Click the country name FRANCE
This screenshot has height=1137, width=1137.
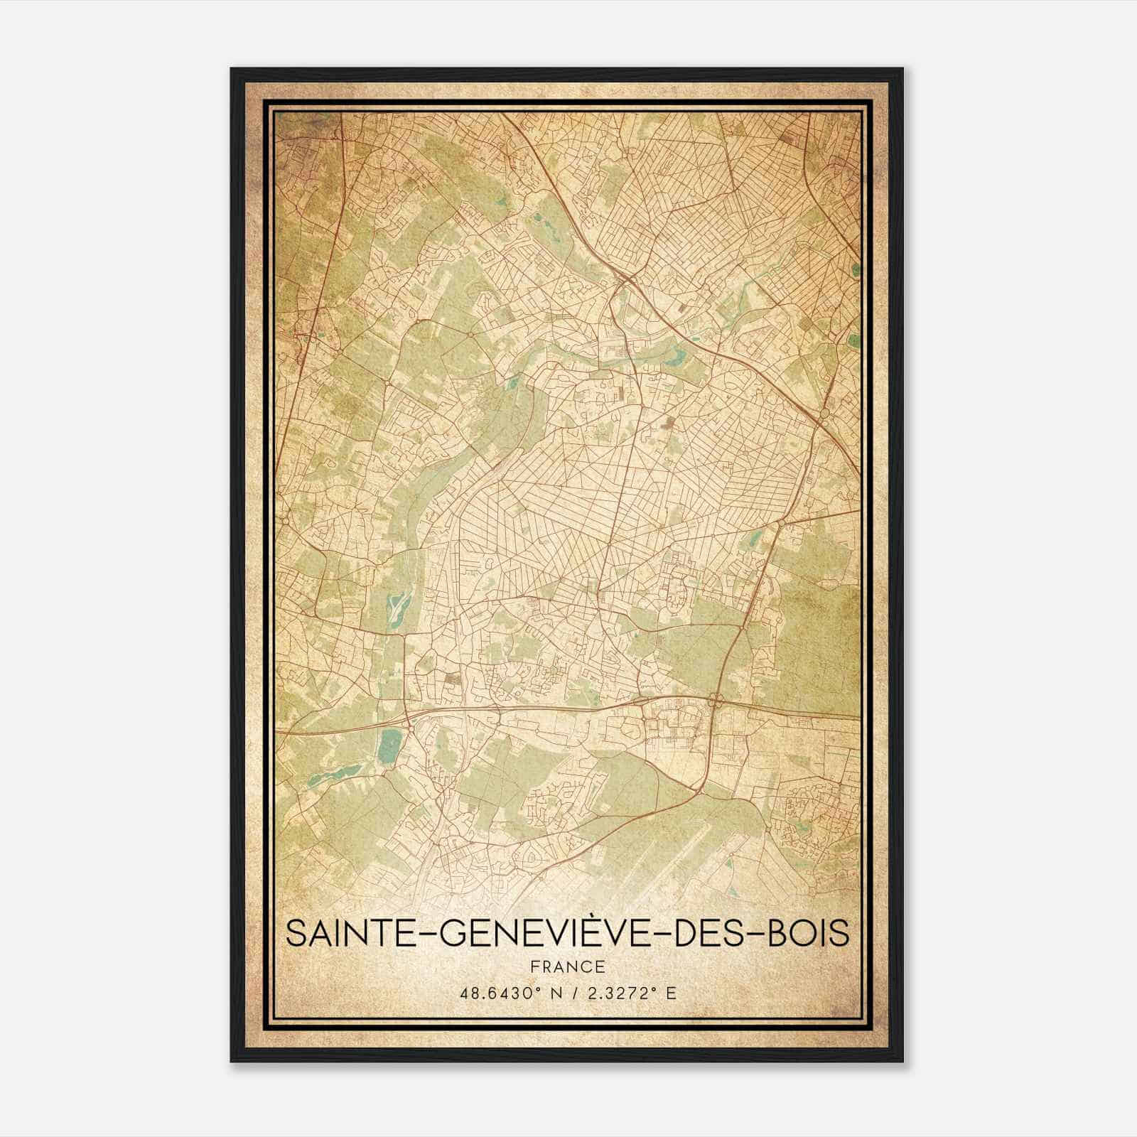567,966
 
